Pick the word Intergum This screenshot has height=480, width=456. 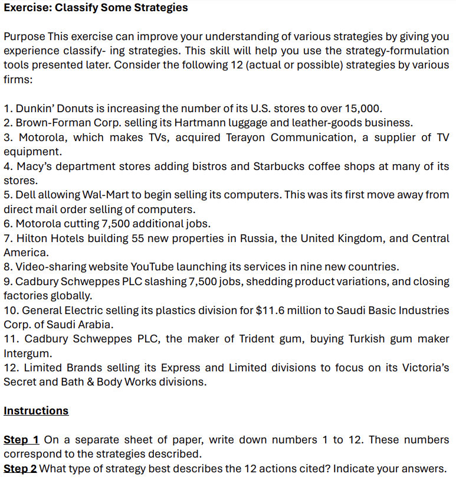pos(25,353)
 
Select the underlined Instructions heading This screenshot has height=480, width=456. pos(36,410)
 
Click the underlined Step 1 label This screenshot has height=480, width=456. pos(21,440)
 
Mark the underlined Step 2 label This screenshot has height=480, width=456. pos(20,469)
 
